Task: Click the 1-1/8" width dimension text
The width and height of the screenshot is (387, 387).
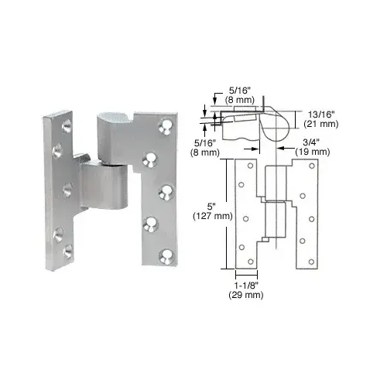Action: (x=247, y=287)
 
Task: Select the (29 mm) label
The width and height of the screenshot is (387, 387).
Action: (x=247, y=297)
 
